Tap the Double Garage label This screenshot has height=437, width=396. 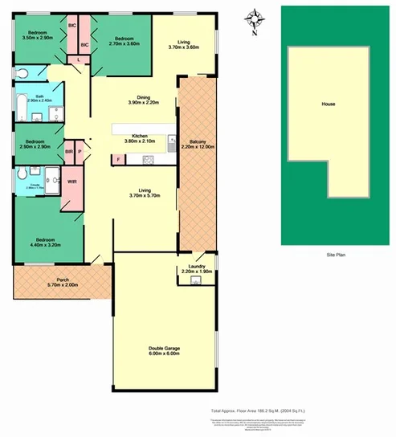(164, 351)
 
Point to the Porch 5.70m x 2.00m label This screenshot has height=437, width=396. (63, 282)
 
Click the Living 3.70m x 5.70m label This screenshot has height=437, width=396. (144, 193)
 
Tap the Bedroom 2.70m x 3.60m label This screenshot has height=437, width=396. (124, 41)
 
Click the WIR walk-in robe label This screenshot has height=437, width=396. (71, 182)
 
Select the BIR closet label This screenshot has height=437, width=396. (68, 150)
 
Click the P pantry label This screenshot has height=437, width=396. (80, 150)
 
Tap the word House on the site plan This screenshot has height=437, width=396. (328, 104)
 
